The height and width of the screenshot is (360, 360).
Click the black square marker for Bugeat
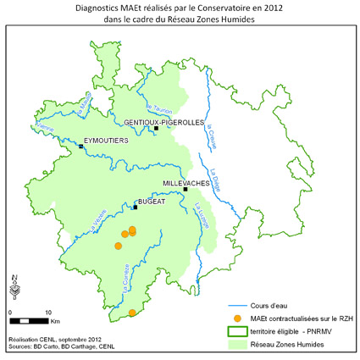pyautogui.click(x=136, y=207)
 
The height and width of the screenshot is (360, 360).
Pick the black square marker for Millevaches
pyautogui.click(x=186, y=189)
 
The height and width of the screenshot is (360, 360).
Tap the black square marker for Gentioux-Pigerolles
pyautogui.click(x=156, y=130)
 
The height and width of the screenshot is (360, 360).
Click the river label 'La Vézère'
pyautogui.click(x=98, y=222)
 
